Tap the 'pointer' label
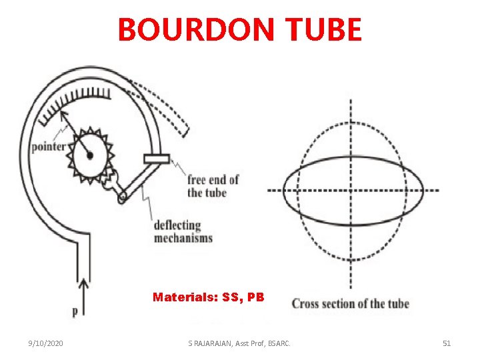click(48, 147)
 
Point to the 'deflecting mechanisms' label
click(183, 231)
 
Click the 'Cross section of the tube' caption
click(350, 304)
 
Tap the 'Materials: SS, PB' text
click(208, 297)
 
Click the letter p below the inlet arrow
click(75, 311)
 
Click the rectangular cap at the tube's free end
click(157, 159)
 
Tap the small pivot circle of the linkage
click(122, 197)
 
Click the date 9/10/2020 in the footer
click(46, 343)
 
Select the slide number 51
click(447, 343)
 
